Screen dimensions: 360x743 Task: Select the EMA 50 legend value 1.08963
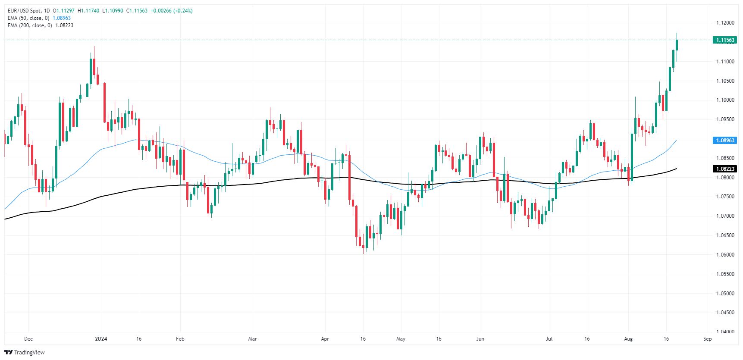(62, 18)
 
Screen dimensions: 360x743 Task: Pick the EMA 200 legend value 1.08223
(64, 25)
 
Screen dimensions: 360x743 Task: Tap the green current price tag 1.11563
(725, 40)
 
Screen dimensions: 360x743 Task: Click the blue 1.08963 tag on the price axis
(725, 141)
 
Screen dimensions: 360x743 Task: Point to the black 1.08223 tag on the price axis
(725, 169)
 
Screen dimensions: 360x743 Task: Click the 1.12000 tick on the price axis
(725, 23)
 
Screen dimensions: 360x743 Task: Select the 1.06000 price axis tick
(725, 255)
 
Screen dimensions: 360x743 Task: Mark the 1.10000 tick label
(725, 100)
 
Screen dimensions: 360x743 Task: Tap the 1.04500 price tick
(725, 313)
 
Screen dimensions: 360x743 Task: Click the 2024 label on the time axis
(101, 339)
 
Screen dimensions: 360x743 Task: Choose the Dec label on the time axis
(28, 339)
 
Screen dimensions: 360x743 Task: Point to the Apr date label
(325, 339)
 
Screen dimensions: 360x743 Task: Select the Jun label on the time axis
(480, 339)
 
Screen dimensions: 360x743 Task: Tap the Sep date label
(707, 339)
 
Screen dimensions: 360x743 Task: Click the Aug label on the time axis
(628, 339)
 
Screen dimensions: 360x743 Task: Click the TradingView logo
(25, 352)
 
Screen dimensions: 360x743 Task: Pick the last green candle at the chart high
(677, 45)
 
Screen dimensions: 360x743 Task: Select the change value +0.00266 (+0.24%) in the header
(172, 11)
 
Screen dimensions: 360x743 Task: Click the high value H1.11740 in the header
(88, 11)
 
